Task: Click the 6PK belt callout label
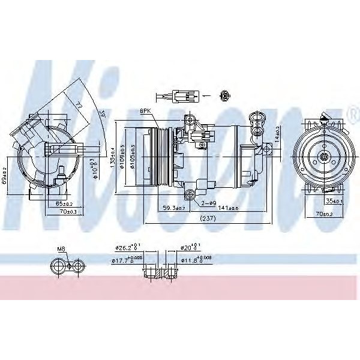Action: click(x=146, y=111)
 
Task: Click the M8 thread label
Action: click(x=61, y=248)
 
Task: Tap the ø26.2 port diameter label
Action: click(x=127, y=247)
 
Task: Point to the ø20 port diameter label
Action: click(x=191, y=247)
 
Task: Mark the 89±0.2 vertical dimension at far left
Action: click(x=5, y=178)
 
